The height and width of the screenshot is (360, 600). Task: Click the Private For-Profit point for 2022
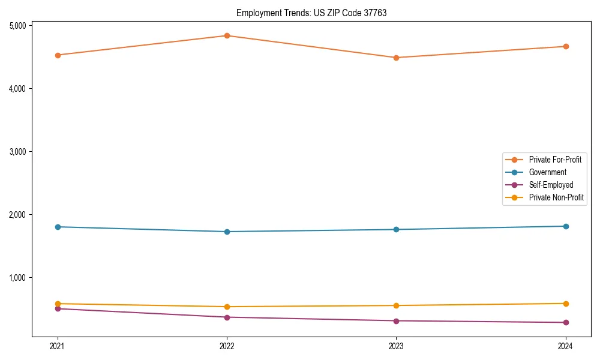[x=227, y=35]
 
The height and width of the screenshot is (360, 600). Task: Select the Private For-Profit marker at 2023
[x=396, y=58]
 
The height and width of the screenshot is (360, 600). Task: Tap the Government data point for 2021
[x=58, y=227]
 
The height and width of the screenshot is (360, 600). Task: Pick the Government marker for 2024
[x=566, y=226]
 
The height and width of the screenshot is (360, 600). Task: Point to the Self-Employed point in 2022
[x=227, y=317]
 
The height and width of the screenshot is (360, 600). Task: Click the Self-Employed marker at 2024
[x=566, y=322]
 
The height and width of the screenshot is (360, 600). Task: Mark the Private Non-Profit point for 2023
[x=396, y=305]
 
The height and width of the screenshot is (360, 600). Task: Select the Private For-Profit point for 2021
[x=58, y=55]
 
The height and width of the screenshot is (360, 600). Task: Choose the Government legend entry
[x=547, y=172]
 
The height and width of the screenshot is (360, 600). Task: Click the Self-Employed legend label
[x=551, y=185]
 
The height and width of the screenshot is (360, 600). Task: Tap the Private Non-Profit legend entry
[x=556, y=197]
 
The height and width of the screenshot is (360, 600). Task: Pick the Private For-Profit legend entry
[x=555, y=160]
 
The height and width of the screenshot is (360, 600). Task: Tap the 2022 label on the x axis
[x=227, y=346]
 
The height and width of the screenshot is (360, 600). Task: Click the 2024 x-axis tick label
[x=566, y=346]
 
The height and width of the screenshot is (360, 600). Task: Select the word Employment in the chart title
[x=256, y=13]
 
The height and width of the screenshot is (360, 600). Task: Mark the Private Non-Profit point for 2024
[x=566, y=304]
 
